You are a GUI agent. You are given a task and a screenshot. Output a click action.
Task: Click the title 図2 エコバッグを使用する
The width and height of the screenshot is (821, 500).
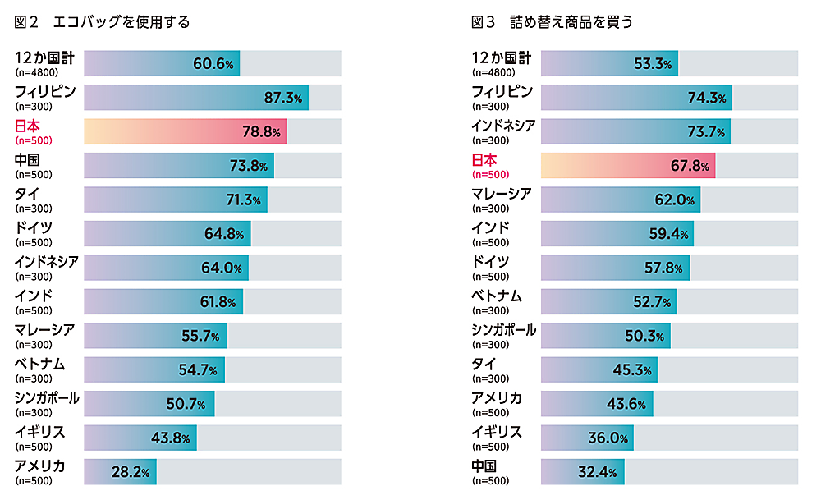click(x=102, y=22)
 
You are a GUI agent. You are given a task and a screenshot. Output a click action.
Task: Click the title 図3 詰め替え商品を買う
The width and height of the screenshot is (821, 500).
click(x=552, y=22)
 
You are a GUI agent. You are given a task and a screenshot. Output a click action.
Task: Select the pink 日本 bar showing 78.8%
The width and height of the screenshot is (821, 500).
click(x=185, y=131)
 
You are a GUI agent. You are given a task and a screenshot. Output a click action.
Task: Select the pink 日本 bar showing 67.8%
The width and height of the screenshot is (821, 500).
click(x=628, y=166)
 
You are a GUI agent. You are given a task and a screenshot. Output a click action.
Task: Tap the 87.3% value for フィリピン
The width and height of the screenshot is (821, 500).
click(x=282, y=98)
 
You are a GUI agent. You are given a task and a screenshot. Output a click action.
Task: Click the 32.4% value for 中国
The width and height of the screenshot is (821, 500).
click(x=598, y=471)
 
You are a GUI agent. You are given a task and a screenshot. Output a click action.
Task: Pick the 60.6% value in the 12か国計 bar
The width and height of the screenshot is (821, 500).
click(x=213, y=63)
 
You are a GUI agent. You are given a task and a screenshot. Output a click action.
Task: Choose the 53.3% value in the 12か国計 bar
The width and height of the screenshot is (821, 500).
click(x=653, y=63)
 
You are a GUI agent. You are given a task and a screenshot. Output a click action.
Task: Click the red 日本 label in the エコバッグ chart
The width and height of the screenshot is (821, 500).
click(x=27, y=126)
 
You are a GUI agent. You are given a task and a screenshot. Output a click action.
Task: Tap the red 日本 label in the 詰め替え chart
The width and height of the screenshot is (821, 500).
click(x=484, y=160)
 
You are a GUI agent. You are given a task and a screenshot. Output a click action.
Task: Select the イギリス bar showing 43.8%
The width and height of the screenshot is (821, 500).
click(x=140, y=438)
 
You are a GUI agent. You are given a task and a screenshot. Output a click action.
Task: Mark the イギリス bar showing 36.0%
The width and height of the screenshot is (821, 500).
click(x=587, y=438)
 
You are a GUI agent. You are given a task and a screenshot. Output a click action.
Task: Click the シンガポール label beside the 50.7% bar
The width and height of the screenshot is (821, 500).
click(x=47, y=398)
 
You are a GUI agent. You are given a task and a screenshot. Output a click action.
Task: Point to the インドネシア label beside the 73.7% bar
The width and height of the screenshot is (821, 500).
click(x=503, y=126)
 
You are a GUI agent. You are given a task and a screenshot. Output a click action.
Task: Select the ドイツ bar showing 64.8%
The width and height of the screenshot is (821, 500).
click(x=167, y=234)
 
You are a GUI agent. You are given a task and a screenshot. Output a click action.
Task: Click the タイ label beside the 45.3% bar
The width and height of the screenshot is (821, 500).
click(x=484, y=364)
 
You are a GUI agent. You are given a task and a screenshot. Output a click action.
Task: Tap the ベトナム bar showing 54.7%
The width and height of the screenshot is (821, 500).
click(x=154, y=369)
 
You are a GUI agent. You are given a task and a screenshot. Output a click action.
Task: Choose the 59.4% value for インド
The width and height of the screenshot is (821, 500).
click(x=667, y=234)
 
